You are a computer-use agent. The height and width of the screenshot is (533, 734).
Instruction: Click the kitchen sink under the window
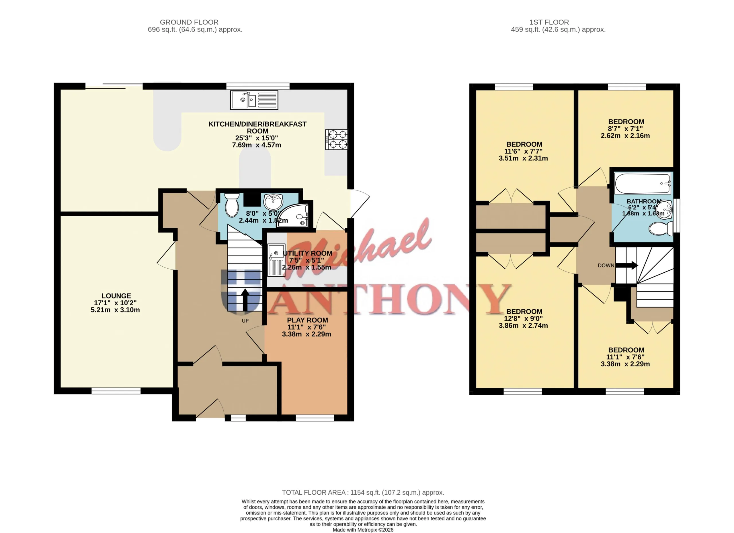(x=254, y=100)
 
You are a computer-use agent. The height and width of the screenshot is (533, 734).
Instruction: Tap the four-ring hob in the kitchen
(x=337, y=139)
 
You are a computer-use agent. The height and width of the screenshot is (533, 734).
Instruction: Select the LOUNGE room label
(x=116, y=296)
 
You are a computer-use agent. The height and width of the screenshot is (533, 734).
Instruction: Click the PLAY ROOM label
(x=307, y=320)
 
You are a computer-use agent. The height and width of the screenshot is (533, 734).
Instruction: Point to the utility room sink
(x=276, y=260)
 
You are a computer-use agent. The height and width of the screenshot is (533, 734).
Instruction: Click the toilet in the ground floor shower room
(x=232, y=205)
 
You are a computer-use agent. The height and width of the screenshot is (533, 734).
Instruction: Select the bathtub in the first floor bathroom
(x=643, y=184)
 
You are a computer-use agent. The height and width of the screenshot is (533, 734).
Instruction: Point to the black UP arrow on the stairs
(x=245, y=299)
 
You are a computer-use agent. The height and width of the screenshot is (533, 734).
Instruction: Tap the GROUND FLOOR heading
(x=189, y=22)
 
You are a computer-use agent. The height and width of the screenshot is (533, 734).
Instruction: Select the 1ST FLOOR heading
(x=549, y=22)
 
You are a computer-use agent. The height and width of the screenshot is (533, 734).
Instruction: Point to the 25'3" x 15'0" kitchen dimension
(x=257, y=138)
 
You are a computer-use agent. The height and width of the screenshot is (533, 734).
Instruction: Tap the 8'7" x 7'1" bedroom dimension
(x=625, y=129)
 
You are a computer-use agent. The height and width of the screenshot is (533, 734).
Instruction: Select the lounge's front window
(x=116, y=391)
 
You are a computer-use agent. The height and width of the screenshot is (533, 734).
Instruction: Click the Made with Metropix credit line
(x=363, y=530)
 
